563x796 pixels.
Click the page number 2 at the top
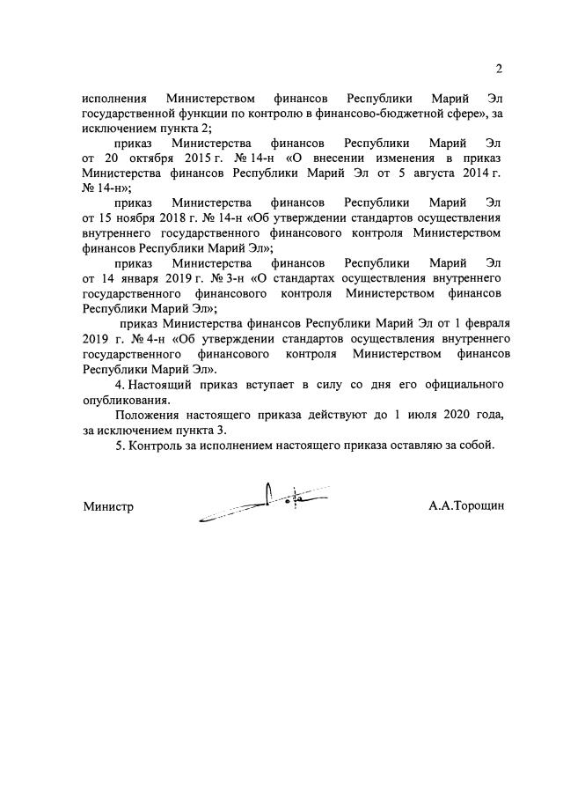click(499, 70)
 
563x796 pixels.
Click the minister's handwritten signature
click(264, 503)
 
